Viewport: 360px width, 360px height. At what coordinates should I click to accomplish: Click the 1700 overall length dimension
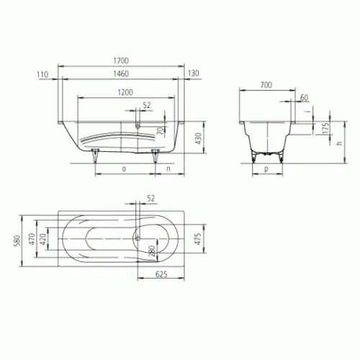tap(121, 60)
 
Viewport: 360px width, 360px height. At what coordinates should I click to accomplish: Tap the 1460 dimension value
tap(121, 73)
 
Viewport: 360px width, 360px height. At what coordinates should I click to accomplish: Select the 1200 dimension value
tap(125, 92)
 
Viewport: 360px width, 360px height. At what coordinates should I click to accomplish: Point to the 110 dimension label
tap(42, 75)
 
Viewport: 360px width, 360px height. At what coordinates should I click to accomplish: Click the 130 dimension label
tap(193, 73)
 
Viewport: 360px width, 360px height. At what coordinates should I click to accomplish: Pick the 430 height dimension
tap(199, 138)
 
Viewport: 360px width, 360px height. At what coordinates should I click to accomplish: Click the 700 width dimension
tap(266, 85)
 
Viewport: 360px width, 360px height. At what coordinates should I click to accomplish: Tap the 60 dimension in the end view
tap(304, 98)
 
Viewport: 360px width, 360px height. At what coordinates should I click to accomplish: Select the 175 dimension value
tap(325, 129)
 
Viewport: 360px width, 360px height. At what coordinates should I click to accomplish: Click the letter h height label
tap(339, 143)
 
